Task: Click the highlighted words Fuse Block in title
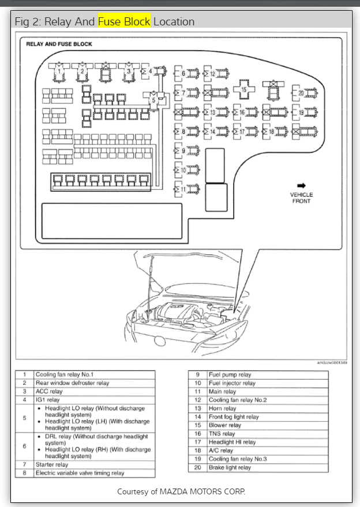pyautogui.click(x=124, y=21)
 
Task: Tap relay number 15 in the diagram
pyautogui.click(x=243, y=90)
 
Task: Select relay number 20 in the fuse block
pyautogui.click(x=301, y=93)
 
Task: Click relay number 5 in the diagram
pyautogui.click(x=153, y=100)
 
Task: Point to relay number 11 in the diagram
pyautogui.click(x=183, y=189)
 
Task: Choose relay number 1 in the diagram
pyautogui.click(x=58, y=71)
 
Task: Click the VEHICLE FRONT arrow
pyautogui.click(x=301, y=186)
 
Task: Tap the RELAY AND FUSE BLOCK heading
pyautogui.click(x=59, y=44)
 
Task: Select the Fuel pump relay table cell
pyautogui.click(x=230, y=374)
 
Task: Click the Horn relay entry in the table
pyautogui.click(x=222, y=408)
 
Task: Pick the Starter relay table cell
pyautogui.click(x=52, y=464)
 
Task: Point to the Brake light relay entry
pyautogui.click(x=230, y=468)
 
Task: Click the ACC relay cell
pyautogui.click(x=49, y=391)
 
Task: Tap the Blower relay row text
pyautogui.click(x=224, y=425)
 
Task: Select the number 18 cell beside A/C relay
pyautogui.click(x=197, y=450)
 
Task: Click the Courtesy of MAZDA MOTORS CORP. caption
pyautogui.click(x=181, y=491)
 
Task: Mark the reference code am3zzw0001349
pyautogui.click(x=332, y=363)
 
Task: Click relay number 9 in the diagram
pyautogui.click(x=183, y=151)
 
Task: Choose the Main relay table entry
pyautogui.click(x=222, y=391)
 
